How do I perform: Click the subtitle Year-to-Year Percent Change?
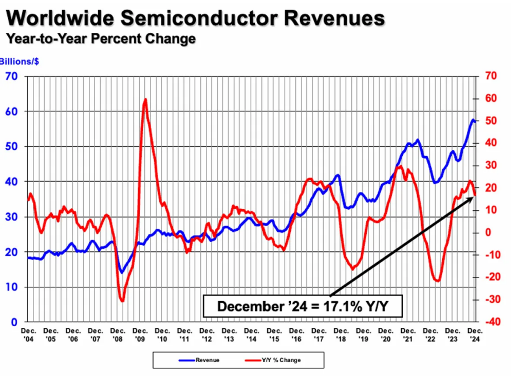tap(100, 38)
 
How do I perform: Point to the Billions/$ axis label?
tap(20, 61)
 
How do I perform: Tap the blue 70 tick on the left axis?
tap(12, 76)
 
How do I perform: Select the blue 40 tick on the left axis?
tap(12, 182)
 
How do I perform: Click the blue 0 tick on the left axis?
tap(15, 322)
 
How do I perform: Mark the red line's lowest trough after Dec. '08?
tap(122, 301)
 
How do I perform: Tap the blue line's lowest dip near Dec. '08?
tap(122, 272)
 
